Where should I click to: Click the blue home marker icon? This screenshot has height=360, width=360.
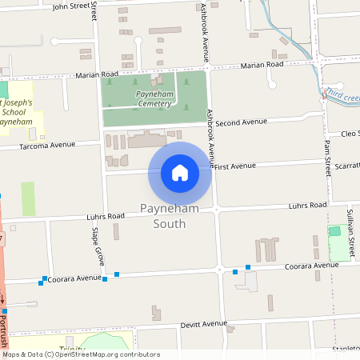(180, 173)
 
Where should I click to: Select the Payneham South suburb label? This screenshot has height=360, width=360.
(169, 216)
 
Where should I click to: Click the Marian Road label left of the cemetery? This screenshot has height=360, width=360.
(97, 75)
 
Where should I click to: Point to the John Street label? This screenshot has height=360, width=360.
(71, 6)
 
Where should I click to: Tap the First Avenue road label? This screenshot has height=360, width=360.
(234, 166)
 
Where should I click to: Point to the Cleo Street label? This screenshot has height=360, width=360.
(349, 134)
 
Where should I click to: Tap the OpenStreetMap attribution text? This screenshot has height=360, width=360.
(81, 354)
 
